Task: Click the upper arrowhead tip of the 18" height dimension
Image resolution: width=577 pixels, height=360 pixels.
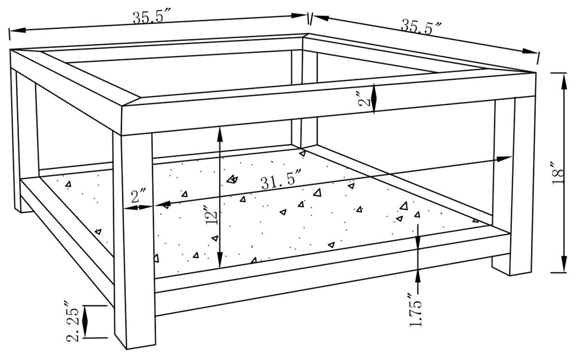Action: point(564,74)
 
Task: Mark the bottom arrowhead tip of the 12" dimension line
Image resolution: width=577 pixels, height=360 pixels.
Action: point(220,267)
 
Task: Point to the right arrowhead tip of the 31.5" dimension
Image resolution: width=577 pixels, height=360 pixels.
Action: point(511,157)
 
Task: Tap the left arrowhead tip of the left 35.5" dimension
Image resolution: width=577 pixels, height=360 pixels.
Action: point(10,31)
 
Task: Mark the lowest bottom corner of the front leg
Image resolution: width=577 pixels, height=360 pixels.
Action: point(127,349)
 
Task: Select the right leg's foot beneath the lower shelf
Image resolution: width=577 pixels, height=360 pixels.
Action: point(501,265)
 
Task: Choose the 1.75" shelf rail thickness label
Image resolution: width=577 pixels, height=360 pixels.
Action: point(415,310)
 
